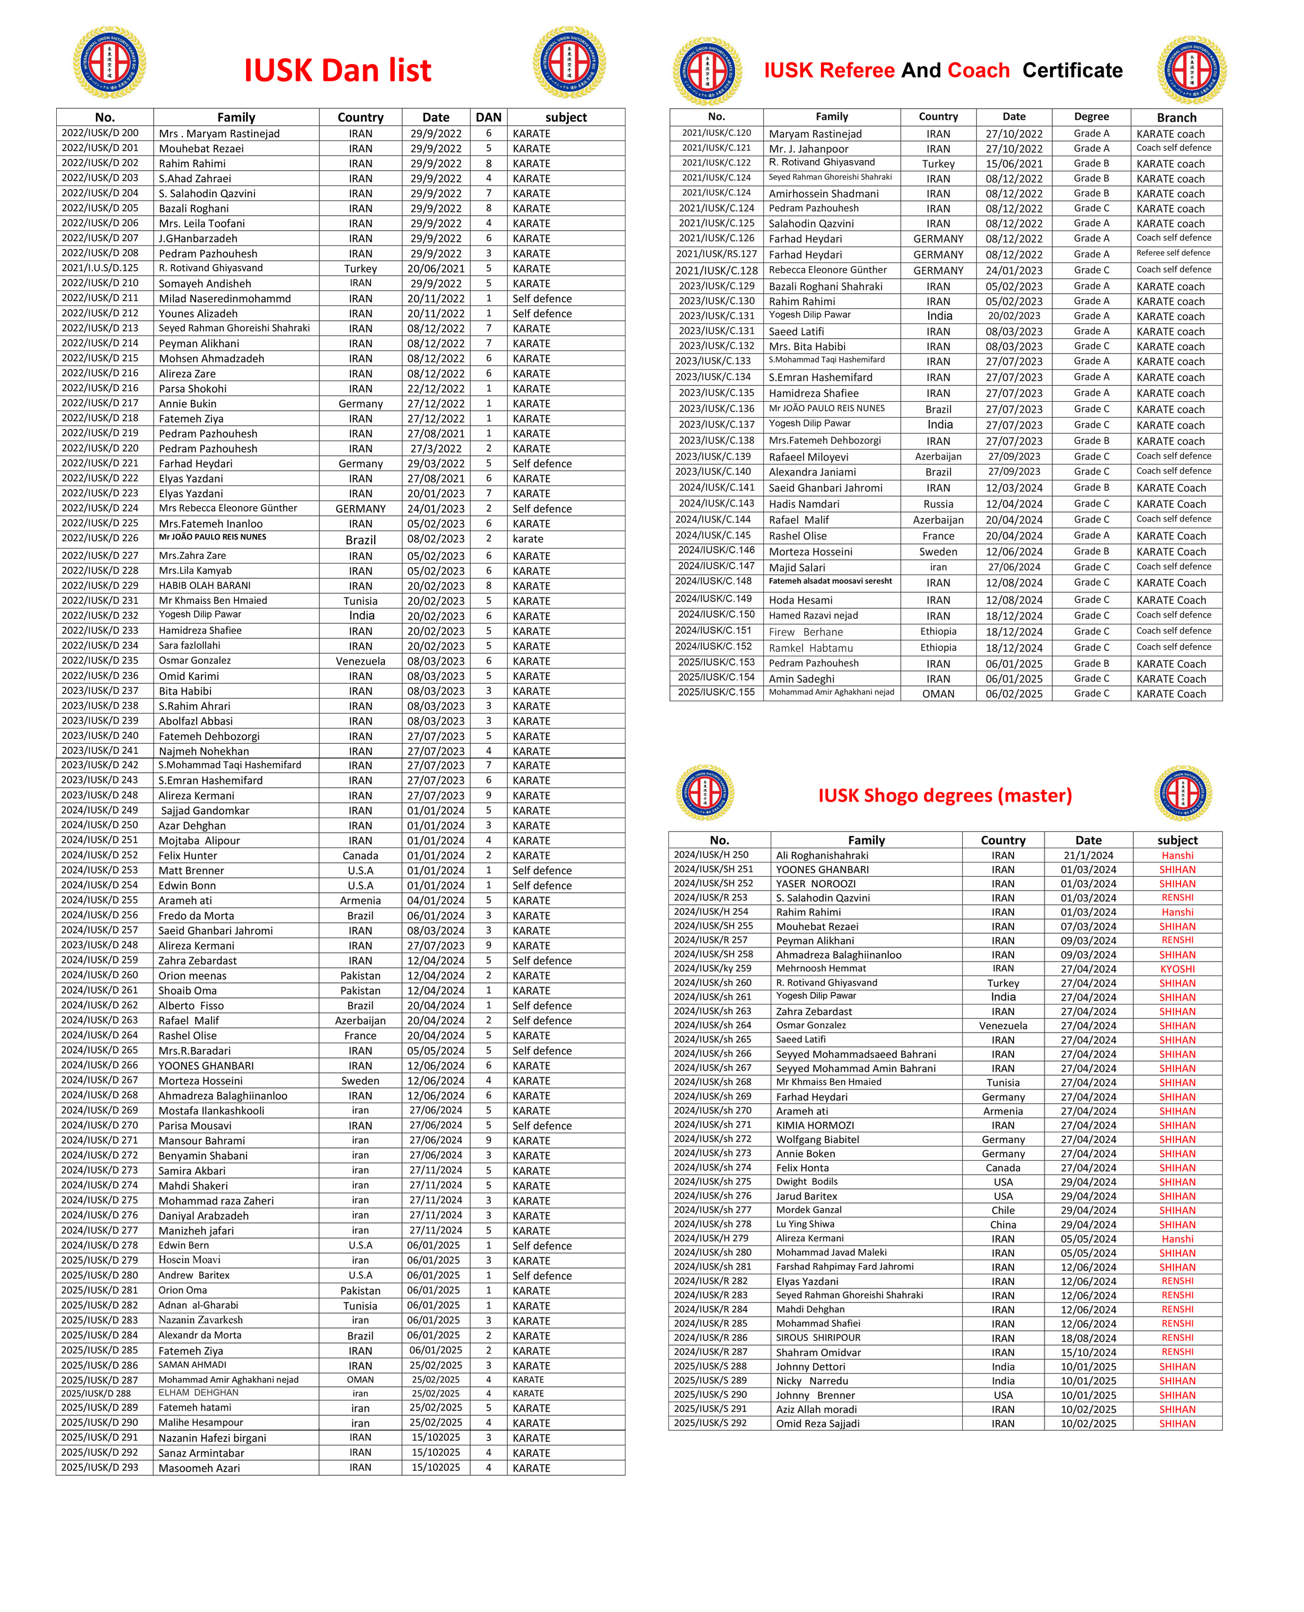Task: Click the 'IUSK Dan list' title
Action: [337, 71]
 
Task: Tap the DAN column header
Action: [488, 117]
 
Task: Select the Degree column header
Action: [1091, 117]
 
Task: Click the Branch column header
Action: [1176, 117]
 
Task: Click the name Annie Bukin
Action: [188, 404]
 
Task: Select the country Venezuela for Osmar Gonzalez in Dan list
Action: [360, 661]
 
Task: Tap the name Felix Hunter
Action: [188, 856]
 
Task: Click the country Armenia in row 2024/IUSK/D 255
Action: [360, 901]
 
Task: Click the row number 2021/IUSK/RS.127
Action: [717, 254]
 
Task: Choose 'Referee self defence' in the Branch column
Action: [1173, 253]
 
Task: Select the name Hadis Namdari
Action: [804, 504]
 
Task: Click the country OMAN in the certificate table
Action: [938, 694]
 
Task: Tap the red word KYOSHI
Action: [1177, 969]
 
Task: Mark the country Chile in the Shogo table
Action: [1003, 1210]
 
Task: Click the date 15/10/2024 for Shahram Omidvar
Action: [1088, 1352]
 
